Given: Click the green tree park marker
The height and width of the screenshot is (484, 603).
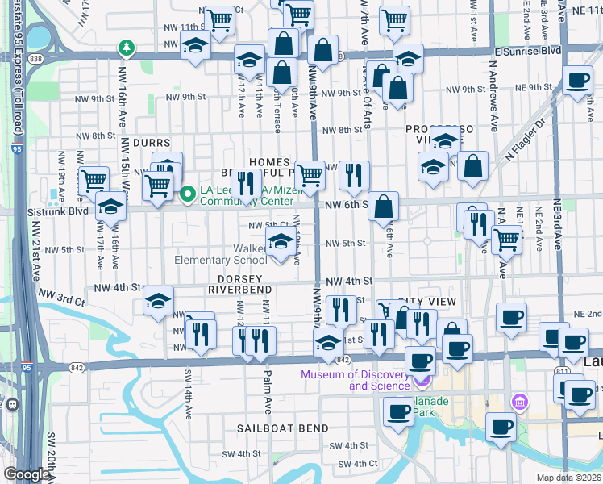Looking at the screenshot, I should click(x=127, y=48).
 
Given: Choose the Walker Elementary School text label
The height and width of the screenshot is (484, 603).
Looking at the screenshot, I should click(x=221, y=254).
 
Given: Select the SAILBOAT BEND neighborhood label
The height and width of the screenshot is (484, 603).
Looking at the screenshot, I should click(x=282, y=428).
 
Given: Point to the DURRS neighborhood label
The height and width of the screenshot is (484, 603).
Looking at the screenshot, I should click(x=152, y=143).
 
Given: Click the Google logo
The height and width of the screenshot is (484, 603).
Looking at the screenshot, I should click(x=27, y=474).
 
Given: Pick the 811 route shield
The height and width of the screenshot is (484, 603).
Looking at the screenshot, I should click(x=560, y=372).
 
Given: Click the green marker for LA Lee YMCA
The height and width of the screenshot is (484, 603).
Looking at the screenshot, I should click(x=189, y=194).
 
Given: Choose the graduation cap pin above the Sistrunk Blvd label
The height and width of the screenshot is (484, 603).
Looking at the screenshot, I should click(x=110, y=207).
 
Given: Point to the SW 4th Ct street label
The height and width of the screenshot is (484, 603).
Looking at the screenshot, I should click(x=358, y=464).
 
